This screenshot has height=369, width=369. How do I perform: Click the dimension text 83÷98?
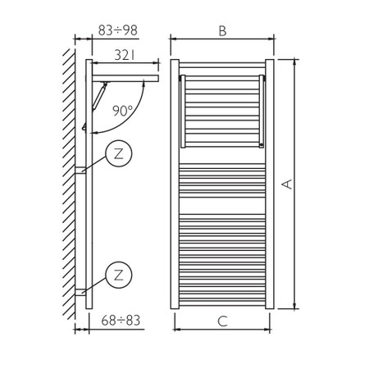click(118, 30)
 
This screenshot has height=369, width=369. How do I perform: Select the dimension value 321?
click(124, 55)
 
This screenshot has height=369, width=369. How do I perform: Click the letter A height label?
click(287, 185)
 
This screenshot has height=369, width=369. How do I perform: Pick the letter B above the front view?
click(222, 30)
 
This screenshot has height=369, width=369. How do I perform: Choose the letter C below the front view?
click(222, 321)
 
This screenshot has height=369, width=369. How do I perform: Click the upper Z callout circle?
click(119, 154)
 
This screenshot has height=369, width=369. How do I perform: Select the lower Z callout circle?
click(119, 273)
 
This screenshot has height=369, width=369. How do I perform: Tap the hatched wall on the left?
click(69, 180)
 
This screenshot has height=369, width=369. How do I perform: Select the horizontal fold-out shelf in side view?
click(127, 80)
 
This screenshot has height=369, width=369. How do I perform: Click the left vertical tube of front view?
click(175, 184)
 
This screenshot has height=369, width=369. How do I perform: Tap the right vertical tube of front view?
click(270, 184)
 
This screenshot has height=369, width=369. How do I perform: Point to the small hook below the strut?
click(84, 127)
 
